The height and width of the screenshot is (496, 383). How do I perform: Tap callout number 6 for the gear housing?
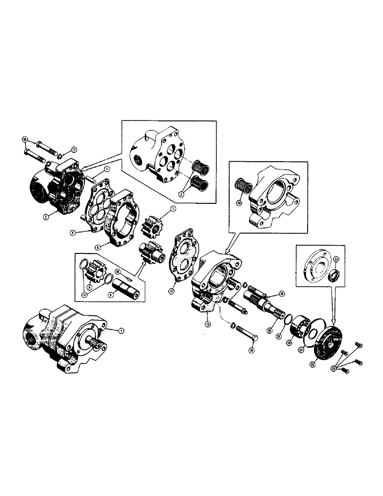point(97,247)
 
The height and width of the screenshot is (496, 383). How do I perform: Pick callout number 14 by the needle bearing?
point(239,203)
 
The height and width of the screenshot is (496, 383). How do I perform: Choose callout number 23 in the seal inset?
point(335,259)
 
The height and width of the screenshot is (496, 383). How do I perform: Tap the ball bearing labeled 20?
point(301,328)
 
